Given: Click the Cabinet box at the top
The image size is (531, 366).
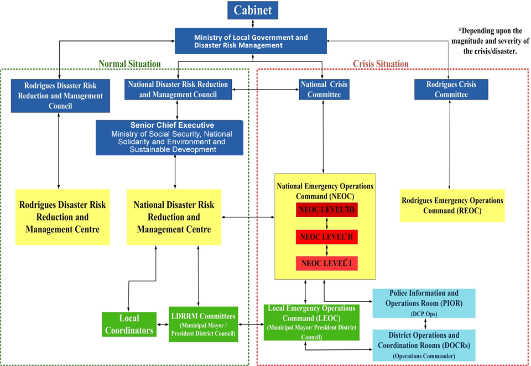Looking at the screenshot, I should click(x=252, y=10).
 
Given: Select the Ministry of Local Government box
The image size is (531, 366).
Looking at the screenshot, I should click(x=251, y=41).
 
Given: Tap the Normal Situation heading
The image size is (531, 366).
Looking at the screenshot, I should click(x=129, y=64).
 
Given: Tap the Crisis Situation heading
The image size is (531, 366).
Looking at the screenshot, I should click(x=381, y=64).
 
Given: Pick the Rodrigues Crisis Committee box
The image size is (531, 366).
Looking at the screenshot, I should click(x=451, y=90).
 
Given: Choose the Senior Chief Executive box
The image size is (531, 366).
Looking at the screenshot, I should click(x=169, y=137).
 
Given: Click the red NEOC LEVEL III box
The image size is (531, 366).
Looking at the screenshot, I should click(x=327, y=211).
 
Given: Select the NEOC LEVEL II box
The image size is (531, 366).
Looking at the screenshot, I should click(x=327, y=237).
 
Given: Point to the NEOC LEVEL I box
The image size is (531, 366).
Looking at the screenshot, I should click(x=327, y=263).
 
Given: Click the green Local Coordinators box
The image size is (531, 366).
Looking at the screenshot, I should click(x=128, y=324).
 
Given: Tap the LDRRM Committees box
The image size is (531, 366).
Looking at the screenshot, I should click(x=204, y=324).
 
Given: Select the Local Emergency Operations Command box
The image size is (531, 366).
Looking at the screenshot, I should click(x=311, y=322).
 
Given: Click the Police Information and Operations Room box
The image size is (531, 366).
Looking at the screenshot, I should click(x=424, y=303).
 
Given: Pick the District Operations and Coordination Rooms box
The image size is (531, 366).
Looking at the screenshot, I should click(x=424, y=345).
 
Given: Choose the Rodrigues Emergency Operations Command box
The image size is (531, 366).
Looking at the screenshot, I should click(x=452, y=206).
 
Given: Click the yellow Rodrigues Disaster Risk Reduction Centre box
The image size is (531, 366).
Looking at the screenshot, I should click(x=62, y=217).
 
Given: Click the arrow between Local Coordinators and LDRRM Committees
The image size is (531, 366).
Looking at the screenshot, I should click(x=162, y=325).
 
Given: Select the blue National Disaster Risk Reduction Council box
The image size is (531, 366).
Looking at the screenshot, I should click(x=178, y=90).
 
